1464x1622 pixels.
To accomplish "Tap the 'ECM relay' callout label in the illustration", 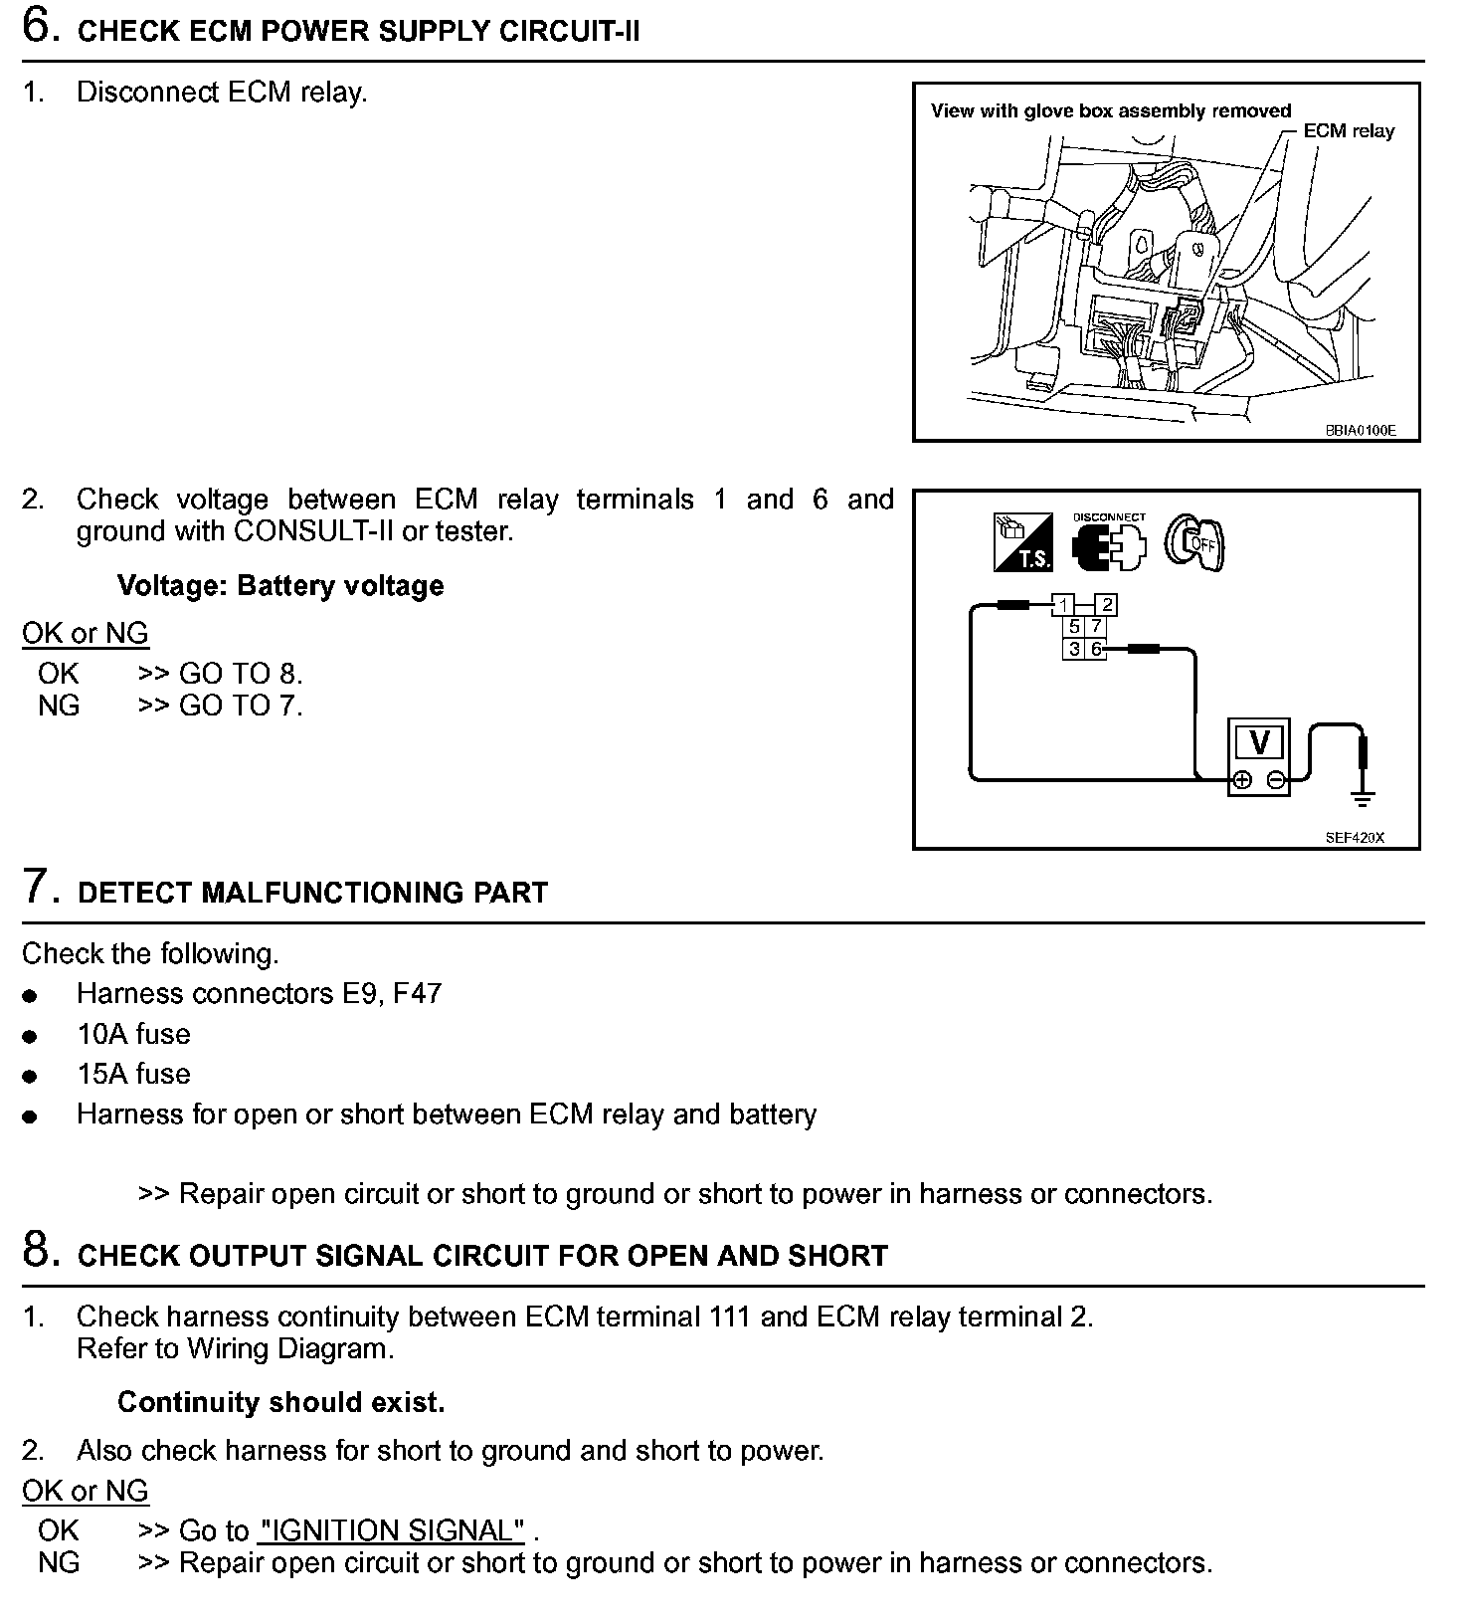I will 1349,131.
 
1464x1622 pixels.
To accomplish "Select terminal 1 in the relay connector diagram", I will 1063,605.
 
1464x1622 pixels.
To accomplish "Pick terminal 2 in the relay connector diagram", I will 1107,605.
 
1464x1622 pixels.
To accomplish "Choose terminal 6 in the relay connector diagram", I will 1096,649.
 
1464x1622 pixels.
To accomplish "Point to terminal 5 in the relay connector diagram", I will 1074,627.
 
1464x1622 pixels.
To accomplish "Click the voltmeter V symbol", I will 1259,742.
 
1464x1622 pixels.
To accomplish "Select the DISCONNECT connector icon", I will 1108,544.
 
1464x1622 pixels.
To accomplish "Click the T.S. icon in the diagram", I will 1022,542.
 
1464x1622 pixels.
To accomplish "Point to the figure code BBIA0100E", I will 1360,431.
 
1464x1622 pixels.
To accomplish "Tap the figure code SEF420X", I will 1354,838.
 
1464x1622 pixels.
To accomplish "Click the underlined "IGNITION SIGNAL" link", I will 391,1530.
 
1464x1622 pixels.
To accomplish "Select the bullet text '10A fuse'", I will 133,1034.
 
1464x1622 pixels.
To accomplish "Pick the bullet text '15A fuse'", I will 133,1074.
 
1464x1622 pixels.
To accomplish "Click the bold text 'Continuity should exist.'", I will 280,1402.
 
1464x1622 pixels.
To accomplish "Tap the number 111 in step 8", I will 730,1317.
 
